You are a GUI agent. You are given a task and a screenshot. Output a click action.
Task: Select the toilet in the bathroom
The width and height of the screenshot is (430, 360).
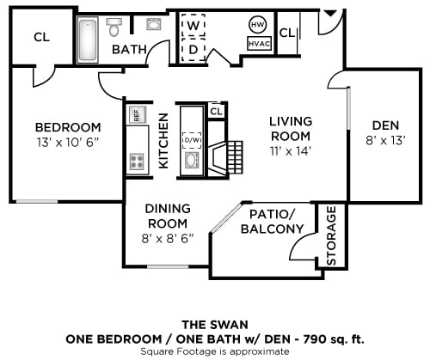coord(114,29)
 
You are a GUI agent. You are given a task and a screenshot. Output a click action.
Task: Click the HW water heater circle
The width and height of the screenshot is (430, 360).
coord(257,24)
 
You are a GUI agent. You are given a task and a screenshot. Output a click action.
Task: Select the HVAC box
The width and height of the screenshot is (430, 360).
coord(257,43)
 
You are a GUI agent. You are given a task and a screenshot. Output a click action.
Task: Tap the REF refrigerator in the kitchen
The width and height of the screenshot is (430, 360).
coord(135,114)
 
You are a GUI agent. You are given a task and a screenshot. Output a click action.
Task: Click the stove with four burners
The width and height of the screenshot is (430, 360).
coord(136,161)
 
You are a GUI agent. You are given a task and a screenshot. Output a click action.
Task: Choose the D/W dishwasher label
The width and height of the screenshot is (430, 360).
coord(191,140)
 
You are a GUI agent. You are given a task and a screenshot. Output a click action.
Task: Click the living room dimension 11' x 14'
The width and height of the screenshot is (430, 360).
coord(289,150)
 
